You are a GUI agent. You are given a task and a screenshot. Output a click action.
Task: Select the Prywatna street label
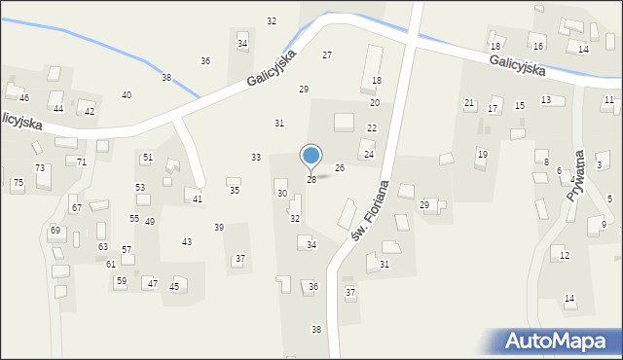coord(577,175)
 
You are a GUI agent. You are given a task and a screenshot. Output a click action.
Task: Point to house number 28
coord(311,180)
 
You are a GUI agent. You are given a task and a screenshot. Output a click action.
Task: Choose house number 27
coord(327,55)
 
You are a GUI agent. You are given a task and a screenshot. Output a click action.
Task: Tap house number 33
coord(256,158)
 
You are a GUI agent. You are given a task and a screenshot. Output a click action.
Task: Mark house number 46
coord(24,98)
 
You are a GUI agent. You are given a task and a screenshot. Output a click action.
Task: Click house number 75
coord(18,183)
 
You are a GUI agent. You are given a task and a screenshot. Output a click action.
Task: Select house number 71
coord(82,162)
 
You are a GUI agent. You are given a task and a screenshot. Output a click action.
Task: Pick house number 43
coord(187,242)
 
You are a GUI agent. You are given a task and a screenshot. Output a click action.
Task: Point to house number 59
coord(121,281)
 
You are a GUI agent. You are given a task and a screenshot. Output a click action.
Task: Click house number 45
coord(174,286)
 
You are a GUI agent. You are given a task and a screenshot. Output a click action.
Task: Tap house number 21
coord(469,103)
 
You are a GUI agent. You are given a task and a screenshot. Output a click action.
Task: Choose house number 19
coord(482,155)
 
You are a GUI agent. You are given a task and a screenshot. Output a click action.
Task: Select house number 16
coord(538,46)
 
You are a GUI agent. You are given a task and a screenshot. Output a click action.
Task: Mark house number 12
coord(565,256)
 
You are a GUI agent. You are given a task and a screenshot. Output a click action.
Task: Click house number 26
coord(340,168)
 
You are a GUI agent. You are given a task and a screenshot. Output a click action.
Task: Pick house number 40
coord(127,95)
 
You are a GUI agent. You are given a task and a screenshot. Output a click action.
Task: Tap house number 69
coord(55,231)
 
